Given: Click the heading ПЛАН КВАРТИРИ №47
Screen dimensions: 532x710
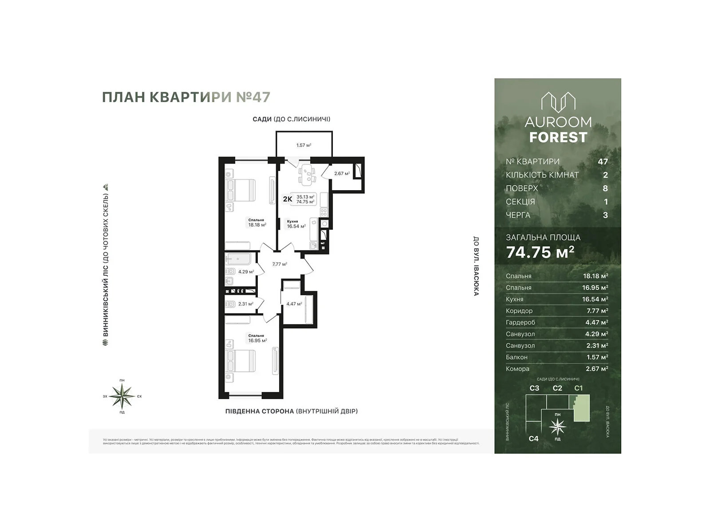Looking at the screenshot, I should pyautogui.click(x=186, y=97).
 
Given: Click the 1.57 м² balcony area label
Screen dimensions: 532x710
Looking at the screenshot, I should pyautogui.click(x=304, y=145).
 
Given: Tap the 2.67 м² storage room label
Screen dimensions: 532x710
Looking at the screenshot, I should pyautogui.click(x=342, y=173).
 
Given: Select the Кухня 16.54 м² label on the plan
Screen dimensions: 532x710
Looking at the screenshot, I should pyautogui.click(x=296, y=224).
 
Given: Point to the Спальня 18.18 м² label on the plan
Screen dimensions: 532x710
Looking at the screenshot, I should pyautogui.click(x=257, y=223).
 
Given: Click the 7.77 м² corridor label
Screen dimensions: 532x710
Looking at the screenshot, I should pyautogui.click(x=280, y=264).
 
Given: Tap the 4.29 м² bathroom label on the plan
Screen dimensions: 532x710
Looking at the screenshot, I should pyautogui.click(x=246, y=272).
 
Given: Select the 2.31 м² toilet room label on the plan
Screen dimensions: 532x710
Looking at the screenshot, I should pyautogui.click(x=246, y=304).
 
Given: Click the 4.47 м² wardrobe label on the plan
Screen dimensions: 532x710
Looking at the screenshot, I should pyautogui.click(x=294, y=304).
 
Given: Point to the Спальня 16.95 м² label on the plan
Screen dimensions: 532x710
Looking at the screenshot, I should pyautogui.click(x=257, y=338).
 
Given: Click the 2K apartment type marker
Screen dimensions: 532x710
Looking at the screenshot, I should pyautogui.click(x=288, y=199).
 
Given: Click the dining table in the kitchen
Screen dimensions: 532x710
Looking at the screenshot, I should pyautogui.click(x=306, y=175).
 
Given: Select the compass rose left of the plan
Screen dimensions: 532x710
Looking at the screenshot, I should pyautogui.click(x=122, y=396).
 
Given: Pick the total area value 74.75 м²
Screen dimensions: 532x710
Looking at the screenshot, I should pyautogui.click(x=540, y=252).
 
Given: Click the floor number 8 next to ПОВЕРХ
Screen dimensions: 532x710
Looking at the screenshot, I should pyautogui.click(x=605, y=188).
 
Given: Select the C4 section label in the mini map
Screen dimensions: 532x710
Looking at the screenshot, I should pyautogui.click(x=533, y=438).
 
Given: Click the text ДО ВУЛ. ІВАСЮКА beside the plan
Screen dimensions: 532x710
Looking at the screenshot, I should pyautogui.click(x=476, y=266).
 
